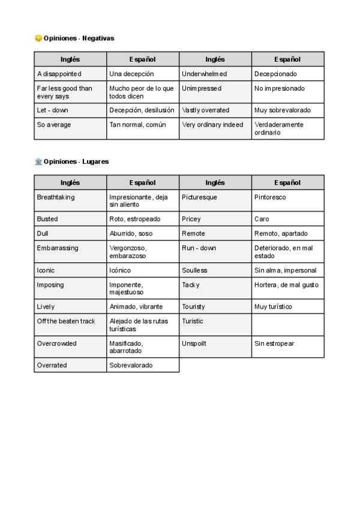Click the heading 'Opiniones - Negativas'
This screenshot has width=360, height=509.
click(x=79, y=38)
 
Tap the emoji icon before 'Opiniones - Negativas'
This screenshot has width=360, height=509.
click(x=38, y=38)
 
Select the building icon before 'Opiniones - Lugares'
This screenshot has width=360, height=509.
click(x=38, y=162)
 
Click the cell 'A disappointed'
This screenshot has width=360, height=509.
click(x=70, y=74)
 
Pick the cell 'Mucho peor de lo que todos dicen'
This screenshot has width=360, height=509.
click(x=143, y=92)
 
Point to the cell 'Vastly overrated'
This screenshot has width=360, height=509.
click(x=215, y=110)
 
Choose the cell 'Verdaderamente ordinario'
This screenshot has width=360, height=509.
click(x=288, y=128)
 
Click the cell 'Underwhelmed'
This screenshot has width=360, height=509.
click(x=215, y=74)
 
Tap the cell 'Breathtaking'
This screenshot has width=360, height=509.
click(x=70, y=201)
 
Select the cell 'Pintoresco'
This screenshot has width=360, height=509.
click(x=288, y=201)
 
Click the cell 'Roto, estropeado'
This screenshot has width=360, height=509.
click(x=143, y=219)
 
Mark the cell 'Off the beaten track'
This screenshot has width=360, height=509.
click(x=70, y=325)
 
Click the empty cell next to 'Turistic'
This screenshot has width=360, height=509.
click(x=288, y=325)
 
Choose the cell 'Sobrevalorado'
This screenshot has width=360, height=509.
click(x=143, y=365)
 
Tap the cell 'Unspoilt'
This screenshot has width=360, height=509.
click(x=215, y=347)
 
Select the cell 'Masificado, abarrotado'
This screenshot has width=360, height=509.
click(x=143, y=347)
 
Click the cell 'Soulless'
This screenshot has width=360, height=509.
click(x=215, y=270)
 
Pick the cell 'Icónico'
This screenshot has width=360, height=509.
click(x=143, y=270)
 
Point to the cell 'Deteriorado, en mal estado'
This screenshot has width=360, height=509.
click(x=288, y=252)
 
